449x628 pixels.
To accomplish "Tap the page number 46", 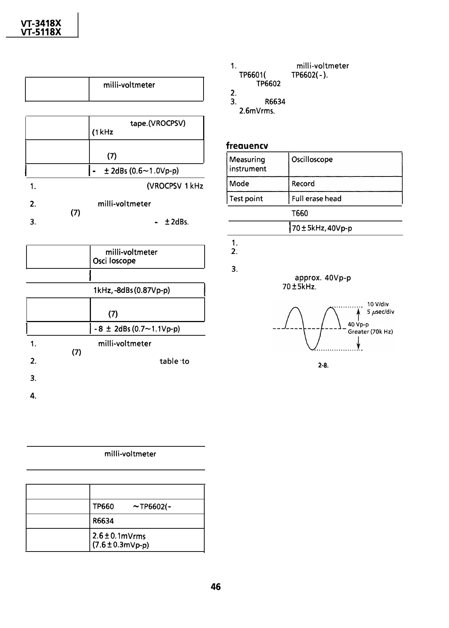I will (x=216, y=587).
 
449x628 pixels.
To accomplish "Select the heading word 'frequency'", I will (x=247, y=146).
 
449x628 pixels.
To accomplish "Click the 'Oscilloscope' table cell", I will (x=312, y=160).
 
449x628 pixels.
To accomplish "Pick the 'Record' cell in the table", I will (x=303, y=183).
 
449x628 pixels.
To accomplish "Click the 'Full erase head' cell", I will (x=316, y=199).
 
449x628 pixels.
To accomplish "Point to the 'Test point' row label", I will (x=246, y=199).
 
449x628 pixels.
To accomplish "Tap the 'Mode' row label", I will (x=239, y=183).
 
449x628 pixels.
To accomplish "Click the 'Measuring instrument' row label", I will (x=247, y=164).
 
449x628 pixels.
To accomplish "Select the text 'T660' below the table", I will (x=300, y=213).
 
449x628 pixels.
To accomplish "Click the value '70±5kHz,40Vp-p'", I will (x=322, y=228).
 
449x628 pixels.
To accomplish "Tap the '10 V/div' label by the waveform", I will (x=378, y=304).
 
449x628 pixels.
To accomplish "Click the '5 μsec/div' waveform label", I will (x=381, y=312).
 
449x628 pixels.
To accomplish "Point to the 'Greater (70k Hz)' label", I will (x=370, y=332).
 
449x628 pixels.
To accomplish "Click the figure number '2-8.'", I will (x=323, y=366).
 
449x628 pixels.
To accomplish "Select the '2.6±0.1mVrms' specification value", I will (x=119, y=536).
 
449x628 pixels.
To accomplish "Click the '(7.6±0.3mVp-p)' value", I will (x=121, y=545).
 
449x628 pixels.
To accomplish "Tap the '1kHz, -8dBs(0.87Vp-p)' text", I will (x=131, y=290).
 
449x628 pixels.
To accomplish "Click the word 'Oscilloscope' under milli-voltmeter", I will (x=114, y=261).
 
